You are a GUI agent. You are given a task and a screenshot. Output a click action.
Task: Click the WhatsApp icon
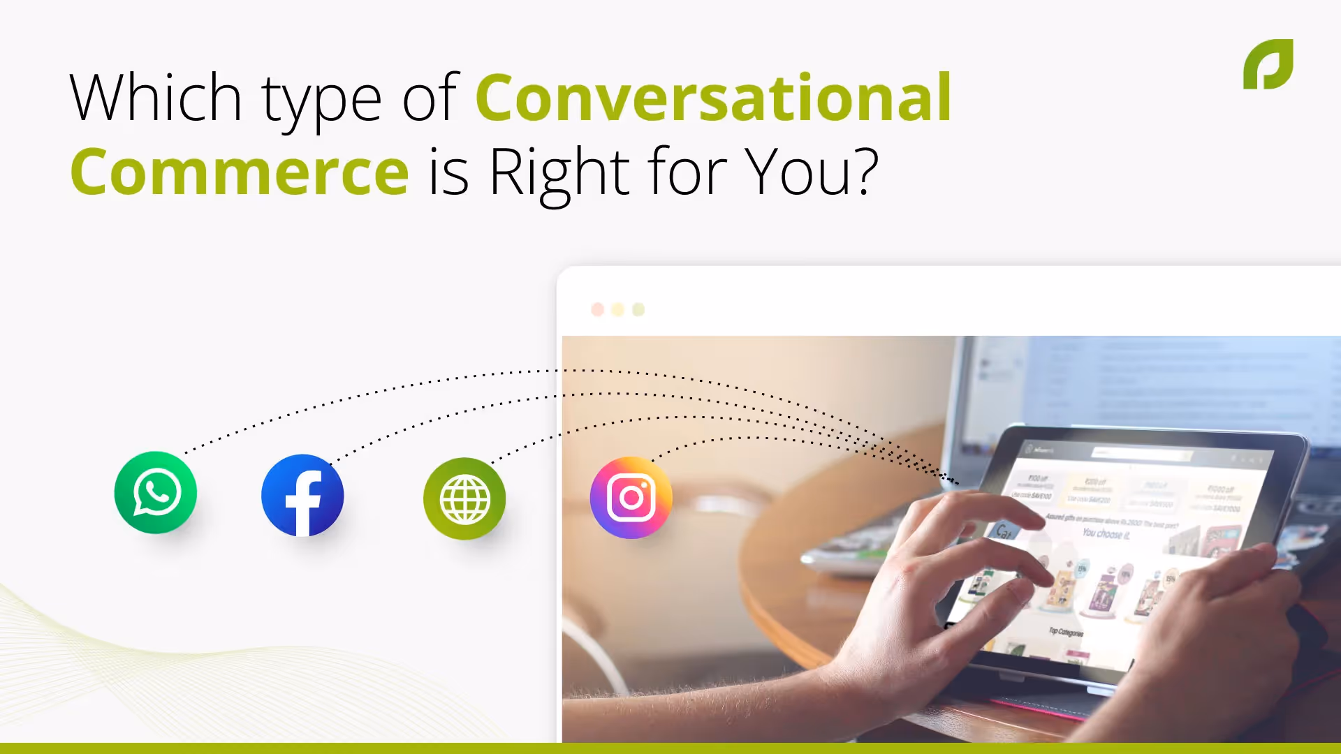[156, 493]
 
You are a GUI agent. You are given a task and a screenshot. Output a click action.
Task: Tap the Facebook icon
[302, 496]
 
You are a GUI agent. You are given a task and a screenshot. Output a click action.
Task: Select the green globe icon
[464, 498]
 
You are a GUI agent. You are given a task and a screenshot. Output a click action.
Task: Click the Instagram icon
[631, 498]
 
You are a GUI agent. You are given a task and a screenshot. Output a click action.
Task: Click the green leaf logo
[1268, 64]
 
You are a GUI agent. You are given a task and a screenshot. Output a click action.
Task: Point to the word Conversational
[713, 98]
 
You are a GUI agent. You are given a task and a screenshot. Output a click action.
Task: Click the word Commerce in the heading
[240, 172]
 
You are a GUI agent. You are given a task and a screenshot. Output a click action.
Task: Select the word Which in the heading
[156, 98]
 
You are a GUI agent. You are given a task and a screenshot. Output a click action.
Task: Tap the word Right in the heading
[559, 172]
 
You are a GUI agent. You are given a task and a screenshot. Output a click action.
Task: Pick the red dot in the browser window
[598, 309]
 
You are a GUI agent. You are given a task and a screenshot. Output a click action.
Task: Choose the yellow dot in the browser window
[618, 309]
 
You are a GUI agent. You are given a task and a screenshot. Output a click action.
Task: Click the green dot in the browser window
[638, 309]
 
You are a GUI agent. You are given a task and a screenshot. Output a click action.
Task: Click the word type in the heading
[322, 101]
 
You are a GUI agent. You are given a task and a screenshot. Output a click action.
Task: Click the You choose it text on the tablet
[1106, 534]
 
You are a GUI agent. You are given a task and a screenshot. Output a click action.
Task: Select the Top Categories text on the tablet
[1066, 632]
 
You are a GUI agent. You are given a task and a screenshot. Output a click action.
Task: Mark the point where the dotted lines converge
[955, 481]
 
